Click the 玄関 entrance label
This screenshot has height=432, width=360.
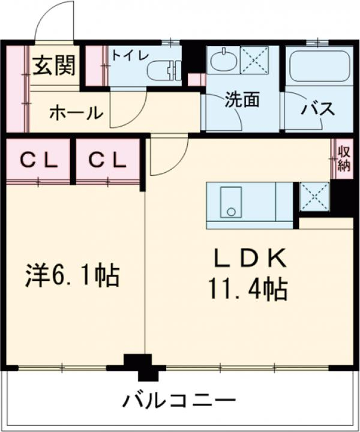pyautogui.click(x=53, y=67)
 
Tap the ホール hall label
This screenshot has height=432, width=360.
pyautogui.click(x=76, y=112)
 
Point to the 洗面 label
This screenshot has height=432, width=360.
pyautogui.click(x=242, y=100)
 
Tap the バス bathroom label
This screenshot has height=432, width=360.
pyautogui.click(x=317, y=109)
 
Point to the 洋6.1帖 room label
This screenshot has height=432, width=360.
pyautogui.click(x=72, y=277)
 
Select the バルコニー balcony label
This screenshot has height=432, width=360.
pyautogui.click(x=180, y=401)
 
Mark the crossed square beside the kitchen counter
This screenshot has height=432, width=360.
pyautogui.click(x=314, y=196)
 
